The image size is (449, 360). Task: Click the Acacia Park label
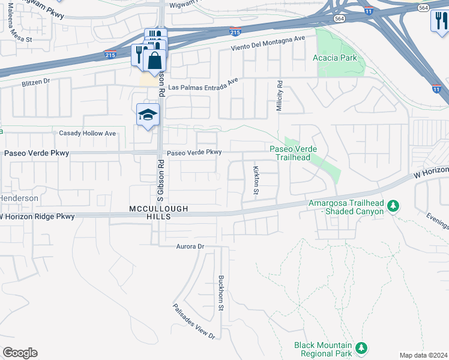coord(335,58)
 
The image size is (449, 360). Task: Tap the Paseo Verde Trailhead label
coord(293,153)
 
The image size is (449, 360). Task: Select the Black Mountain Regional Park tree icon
coord(361,347)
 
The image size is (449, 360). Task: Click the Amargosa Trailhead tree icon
coord(393,206)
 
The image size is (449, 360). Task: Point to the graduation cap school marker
coord(148,115)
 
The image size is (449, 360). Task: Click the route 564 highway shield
coord(423,8)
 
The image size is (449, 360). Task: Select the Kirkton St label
coord(256,181)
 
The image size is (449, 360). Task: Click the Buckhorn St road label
coord(221,293)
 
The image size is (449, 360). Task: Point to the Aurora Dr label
coord(190,247)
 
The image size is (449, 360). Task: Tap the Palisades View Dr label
coord(194,322)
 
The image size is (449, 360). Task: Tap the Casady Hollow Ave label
coord(84,133)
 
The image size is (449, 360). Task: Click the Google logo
coord(20,353)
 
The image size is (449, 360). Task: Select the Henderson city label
coord(19,198)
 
